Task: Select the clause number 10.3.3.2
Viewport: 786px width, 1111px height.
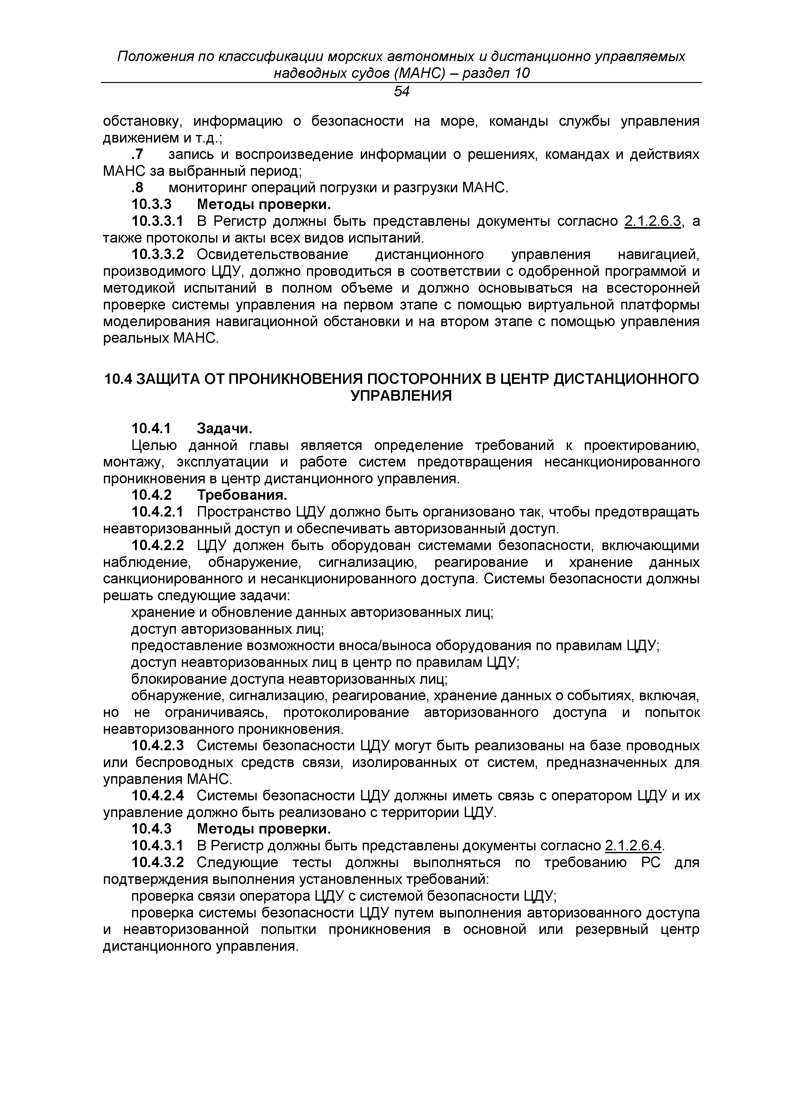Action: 158,255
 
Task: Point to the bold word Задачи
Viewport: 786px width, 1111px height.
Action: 225,429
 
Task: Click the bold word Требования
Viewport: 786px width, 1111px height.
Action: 242,496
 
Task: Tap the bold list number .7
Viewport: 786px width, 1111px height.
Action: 138,155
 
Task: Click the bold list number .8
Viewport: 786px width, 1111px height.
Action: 138,188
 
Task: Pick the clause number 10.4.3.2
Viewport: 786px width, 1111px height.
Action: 158,862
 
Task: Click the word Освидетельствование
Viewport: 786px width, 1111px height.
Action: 272,255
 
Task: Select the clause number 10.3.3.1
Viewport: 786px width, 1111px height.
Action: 158,222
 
